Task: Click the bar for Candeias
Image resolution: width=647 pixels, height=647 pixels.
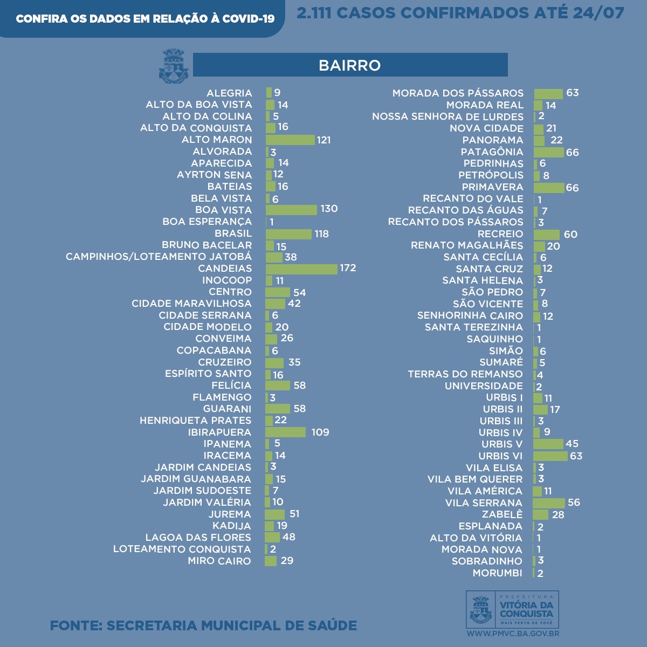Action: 301,269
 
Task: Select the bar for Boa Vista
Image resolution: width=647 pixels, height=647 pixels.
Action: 291,210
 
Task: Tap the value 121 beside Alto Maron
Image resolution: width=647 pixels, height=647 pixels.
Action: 323,140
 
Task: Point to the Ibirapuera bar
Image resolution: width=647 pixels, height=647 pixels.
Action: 285,432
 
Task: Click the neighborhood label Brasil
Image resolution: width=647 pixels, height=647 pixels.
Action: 233,233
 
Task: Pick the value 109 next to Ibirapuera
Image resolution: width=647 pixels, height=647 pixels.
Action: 320,432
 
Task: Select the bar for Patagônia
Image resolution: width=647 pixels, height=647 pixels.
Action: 548,152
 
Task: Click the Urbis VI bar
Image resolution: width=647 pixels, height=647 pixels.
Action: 550,456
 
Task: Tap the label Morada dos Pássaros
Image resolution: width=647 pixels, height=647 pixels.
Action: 458,93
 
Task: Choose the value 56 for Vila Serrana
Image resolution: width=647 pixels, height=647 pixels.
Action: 574,503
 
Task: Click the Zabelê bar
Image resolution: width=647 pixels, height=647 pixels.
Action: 540,514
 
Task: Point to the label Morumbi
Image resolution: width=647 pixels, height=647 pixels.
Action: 497,573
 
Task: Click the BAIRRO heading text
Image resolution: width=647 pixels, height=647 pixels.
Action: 350,65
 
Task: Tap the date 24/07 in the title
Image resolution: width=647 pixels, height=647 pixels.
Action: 598,13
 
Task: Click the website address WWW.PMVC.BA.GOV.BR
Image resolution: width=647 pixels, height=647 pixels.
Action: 512,634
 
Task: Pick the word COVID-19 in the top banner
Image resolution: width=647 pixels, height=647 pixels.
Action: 248,19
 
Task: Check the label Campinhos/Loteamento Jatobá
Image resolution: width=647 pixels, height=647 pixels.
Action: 159,257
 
